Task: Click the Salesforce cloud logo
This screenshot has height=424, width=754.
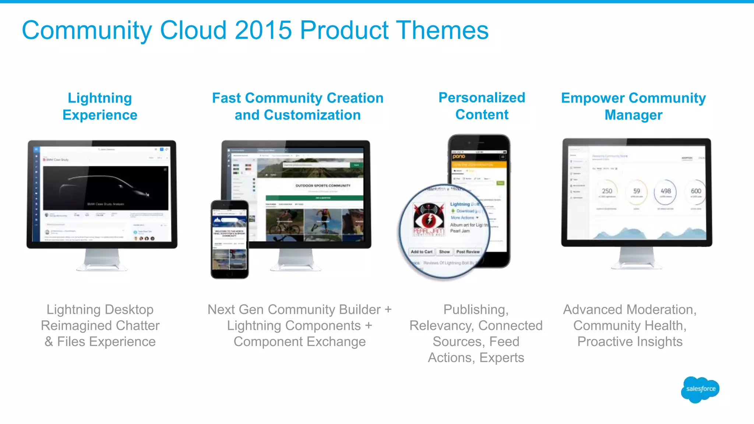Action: [700, 389]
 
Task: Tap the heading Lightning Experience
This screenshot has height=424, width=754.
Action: [100, 106]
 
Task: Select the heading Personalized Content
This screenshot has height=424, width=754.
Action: [482, 106]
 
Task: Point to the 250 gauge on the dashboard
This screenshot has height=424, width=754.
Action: [607, 191]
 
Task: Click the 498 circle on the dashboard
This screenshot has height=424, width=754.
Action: [665, 191]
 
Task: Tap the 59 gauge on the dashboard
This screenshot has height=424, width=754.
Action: [637, 191]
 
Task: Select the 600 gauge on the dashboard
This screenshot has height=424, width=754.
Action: [695, 191]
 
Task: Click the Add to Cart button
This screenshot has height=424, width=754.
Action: [422, 252]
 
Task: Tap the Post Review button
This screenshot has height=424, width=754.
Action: [468, 252]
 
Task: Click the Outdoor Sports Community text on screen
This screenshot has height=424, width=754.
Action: [323, 185]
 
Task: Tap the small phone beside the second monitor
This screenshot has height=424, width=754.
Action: [229, 239]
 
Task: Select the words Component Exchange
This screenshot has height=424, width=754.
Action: [299, 342]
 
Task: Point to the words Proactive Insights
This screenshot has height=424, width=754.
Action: [630, 342]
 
